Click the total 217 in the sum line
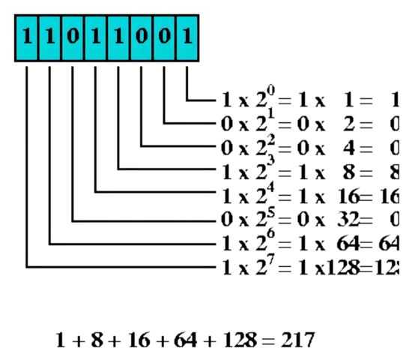[298, 340]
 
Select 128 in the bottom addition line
[237, 340]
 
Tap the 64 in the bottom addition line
[184, 340]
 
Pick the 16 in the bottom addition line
[138, 340]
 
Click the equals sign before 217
[270, 340]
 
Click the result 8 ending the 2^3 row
[394, 171]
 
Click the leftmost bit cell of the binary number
[26, 36]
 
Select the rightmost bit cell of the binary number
[188, 36]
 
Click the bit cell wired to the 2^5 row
[73, 36]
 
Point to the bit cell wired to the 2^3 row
[118, 36]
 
